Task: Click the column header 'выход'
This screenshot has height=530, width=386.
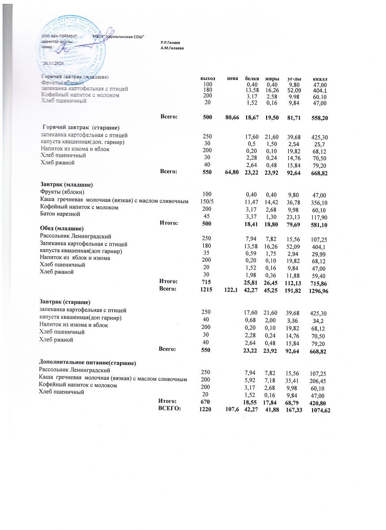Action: (x=208, y=78)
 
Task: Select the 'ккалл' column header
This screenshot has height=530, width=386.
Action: (x=319, y=79)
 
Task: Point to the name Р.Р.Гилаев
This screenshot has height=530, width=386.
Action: (x=170, y=42)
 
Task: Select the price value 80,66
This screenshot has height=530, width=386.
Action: (x=232, y=117)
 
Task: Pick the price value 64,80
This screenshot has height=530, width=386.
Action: (x=232, y=172)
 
